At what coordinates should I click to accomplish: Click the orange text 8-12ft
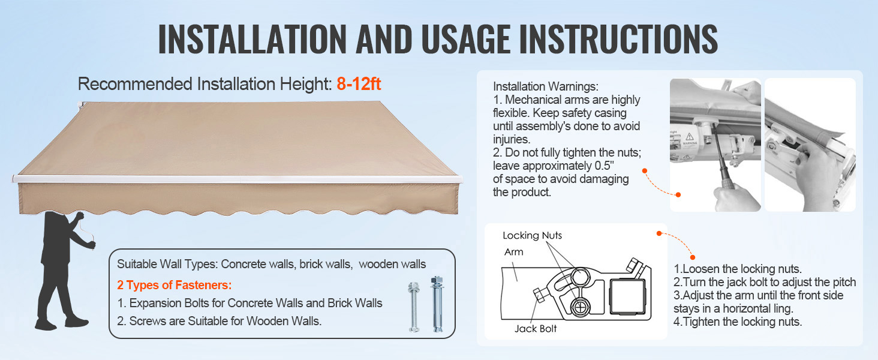359,84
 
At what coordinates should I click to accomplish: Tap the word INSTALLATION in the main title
252,39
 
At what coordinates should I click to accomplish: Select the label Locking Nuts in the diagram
532,235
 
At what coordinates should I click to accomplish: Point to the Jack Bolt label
536,329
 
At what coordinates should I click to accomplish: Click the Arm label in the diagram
513,252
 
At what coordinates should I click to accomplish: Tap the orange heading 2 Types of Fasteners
175,285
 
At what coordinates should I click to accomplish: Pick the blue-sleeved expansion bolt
437,304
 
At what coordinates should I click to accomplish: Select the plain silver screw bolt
414,307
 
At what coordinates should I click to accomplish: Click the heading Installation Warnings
546,86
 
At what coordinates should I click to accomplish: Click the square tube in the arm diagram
627,296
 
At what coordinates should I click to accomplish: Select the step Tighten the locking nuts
738,322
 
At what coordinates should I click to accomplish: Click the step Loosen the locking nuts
738,269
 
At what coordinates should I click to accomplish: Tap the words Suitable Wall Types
167,265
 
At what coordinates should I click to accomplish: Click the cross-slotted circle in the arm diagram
579,307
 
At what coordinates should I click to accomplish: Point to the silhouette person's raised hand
80,216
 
